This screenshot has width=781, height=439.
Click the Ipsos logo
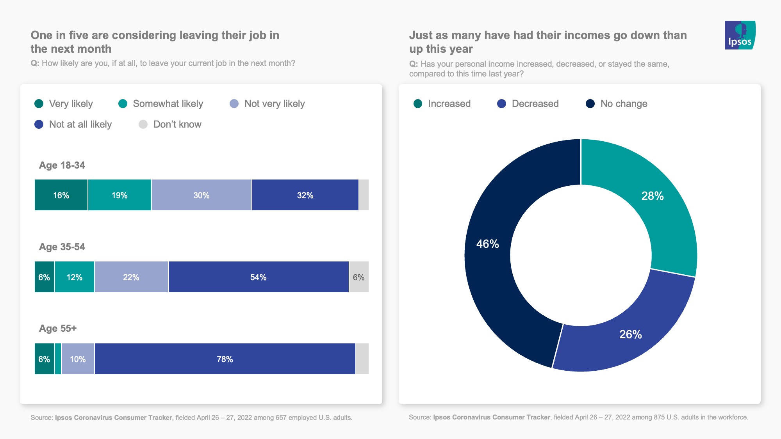(x=740, y=35)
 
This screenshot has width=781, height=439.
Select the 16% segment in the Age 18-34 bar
(x=61, y=195)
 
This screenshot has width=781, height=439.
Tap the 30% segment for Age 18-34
(x=201, y=195)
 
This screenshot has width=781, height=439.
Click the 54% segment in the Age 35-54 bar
(x=258, y=277)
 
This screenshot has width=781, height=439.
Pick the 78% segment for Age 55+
(x=225, y=359)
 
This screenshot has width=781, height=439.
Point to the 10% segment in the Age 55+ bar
(x=78, y=359)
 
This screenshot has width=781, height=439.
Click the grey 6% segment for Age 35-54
(x=358, y=277)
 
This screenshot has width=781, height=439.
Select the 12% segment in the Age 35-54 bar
(x=74, y=277)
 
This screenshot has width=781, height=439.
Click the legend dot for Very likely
(x=39, y=103)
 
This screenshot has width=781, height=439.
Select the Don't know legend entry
(x=170, y=124)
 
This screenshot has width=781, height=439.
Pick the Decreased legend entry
(x=528, y=103)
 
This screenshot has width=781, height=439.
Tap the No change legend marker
(x=590, y=103)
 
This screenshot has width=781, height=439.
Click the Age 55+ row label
(x=58, y=328)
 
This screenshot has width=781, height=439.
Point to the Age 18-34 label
(x=62, y=165)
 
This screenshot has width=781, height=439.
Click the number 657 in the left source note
(x=281, y=418)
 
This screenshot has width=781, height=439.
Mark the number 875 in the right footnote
(x=659, y=417)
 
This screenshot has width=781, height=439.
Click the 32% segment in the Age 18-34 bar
(x=305, y=195)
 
